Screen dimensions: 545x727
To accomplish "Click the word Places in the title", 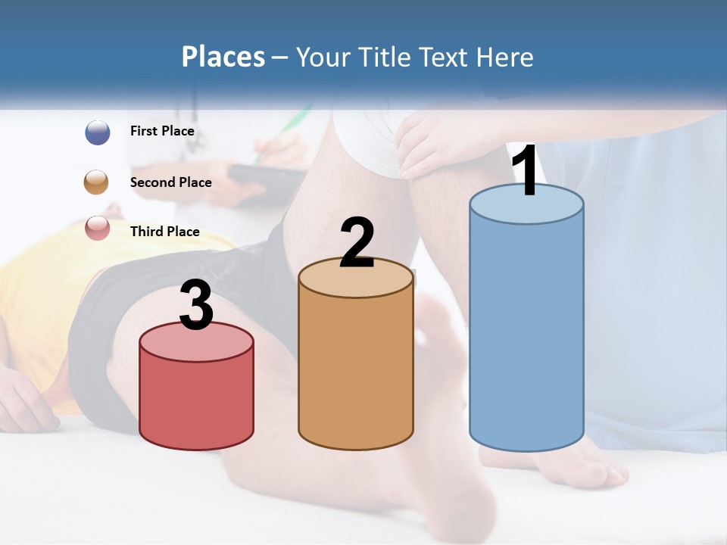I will (x=223, y=57).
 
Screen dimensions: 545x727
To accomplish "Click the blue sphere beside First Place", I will (x=97, y=132).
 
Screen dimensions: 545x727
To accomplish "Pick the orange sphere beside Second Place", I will (x=97, y=182).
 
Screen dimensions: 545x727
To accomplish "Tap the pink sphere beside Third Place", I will (x=97, y=229).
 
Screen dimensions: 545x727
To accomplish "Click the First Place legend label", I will (x=162, y=131).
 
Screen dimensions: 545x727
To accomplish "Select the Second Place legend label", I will (x=170, y=182).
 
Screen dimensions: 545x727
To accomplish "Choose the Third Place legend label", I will (x=164, y=232).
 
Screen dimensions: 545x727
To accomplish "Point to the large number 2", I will (x=357, y=243).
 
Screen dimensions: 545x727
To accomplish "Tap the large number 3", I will (x=196, y=305).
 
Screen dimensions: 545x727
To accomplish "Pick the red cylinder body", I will (x=196, y=397).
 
